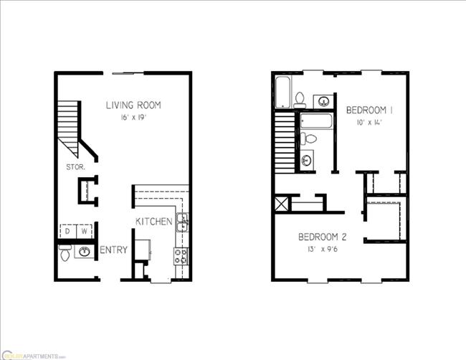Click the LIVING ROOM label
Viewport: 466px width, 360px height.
pos(133,105)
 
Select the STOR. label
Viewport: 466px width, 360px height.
pos(75,167)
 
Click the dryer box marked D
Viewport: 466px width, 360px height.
pos(68,231)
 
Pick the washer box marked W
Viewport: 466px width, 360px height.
pos(85,231)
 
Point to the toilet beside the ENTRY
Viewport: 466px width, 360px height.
pos(65,252)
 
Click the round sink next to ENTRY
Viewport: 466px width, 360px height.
pos(85,252)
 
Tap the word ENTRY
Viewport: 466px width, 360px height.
pos(114,250)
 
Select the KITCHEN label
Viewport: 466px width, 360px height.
pos(154,222)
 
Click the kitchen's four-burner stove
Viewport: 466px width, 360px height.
pos(181,256)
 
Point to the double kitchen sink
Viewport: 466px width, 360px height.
pos(183,223)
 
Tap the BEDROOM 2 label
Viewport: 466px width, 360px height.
pos(323,237)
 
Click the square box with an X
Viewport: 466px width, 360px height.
pos(281,203)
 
